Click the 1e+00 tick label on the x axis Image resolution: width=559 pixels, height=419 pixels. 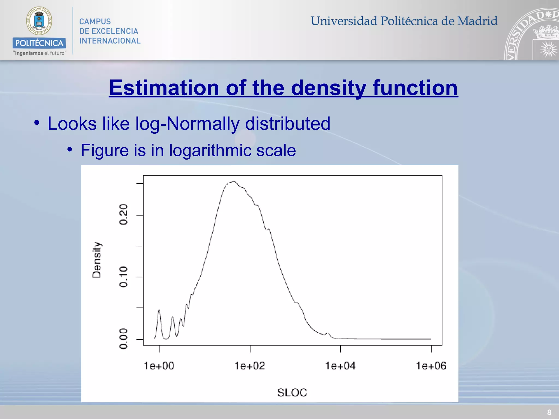point(159,366)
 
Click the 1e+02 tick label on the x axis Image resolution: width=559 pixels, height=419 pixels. point(250,366)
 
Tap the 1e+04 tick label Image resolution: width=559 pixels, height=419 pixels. point(340,366)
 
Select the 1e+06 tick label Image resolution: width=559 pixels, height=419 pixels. point(431,366)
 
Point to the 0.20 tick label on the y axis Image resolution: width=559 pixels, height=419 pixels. point(124,214)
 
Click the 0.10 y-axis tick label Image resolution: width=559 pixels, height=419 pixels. point(124,277)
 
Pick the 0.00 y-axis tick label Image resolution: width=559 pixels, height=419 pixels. point(124,339)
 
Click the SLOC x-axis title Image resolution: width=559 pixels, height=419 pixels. point(292,393)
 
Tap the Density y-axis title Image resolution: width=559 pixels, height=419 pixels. point(97,260)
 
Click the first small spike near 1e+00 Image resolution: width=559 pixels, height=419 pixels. point(159,310)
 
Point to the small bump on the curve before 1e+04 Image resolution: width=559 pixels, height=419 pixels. point(328,333)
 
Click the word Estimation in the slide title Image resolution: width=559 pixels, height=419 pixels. point(164,88)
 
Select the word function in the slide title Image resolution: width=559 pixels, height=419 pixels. point(415,88)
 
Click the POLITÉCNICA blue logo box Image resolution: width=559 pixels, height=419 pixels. point(39,43)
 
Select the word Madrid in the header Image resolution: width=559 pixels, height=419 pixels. point(477,21)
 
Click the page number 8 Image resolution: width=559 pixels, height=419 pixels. point(549,412)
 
